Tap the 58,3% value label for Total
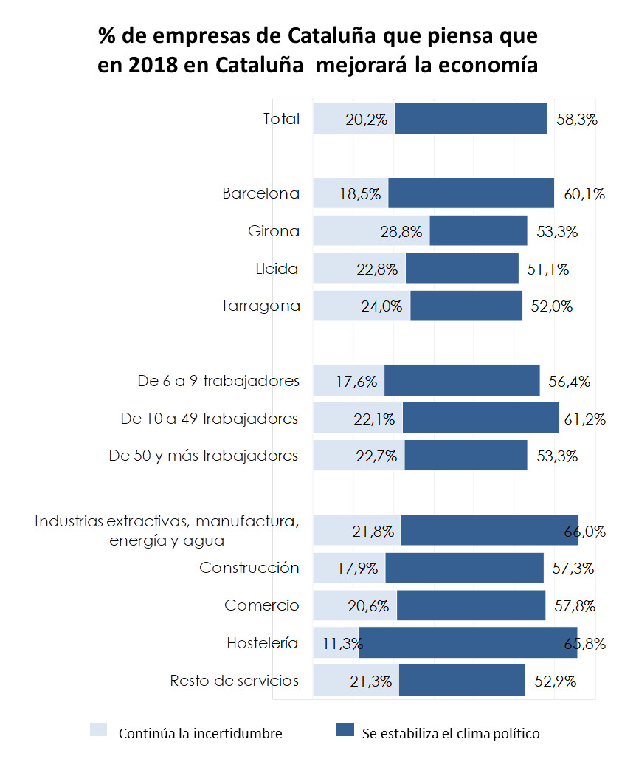click(x=577, y=119)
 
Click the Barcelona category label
click(x=261, y=193)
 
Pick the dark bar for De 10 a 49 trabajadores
click(x=480, y=419)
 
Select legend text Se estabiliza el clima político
click(x=450, y=733)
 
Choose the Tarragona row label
click(x=260, y=306)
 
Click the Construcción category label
click(x=249, y=568)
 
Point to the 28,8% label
click(x=402, y=232)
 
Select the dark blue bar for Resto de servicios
click(x=462, y=681)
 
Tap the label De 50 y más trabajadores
click(x=203, y=456)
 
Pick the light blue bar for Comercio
click(x=355, y=605)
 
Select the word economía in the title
click(x=490, y=65)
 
